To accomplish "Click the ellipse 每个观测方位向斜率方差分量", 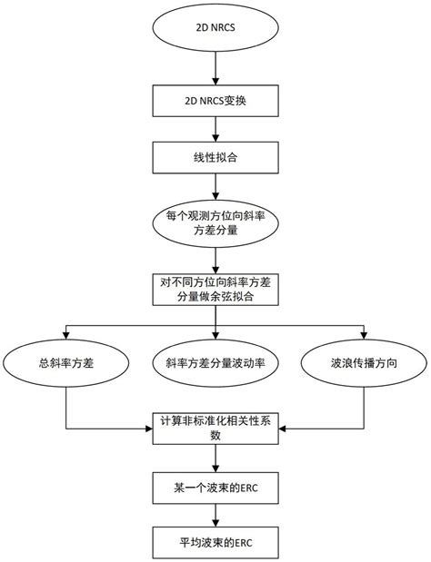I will point(215,223).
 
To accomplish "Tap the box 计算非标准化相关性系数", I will point(215,427).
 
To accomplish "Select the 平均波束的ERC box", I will point(215,542).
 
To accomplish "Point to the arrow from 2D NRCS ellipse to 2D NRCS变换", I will point(215,69).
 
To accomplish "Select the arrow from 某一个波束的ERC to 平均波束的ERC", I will point(215,517).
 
